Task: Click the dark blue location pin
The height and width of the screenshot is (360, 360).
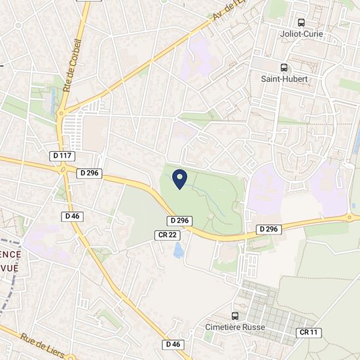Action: [181, 178]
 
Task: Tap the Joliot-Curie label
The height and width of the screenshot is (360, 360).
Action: [300, 35]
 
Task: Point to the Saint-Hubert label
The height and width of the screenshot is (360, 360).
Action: [284, 79]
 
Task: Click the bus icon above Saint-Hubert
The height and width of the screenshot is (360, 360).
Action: [284, 67]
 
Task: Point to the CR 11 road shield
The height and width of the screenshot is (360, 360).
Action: [308, 333]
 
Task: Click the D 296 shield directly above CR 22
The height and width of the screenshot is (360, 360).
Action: [179, 221]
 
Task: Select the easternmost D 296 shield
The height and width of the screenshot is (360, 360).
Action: [268, 229]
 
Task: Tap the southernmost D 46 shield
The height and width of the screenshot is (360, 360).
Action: [173, 344]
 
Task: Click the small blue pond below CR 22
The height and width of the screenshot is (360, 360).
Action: [179, 249]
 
